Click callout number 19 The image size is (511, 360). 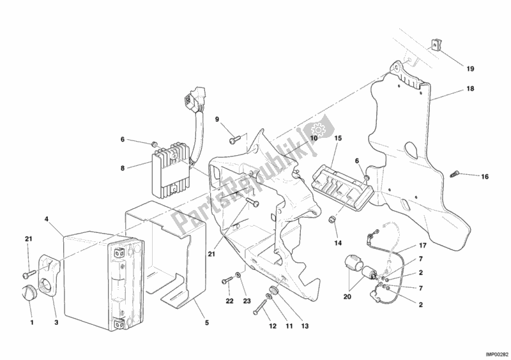pos(469,68)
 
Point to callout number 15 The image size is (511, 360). pos(338,138)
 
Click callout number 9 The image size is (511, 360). pos(217,119)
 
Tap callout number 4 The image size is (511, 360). pos(46,219)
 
